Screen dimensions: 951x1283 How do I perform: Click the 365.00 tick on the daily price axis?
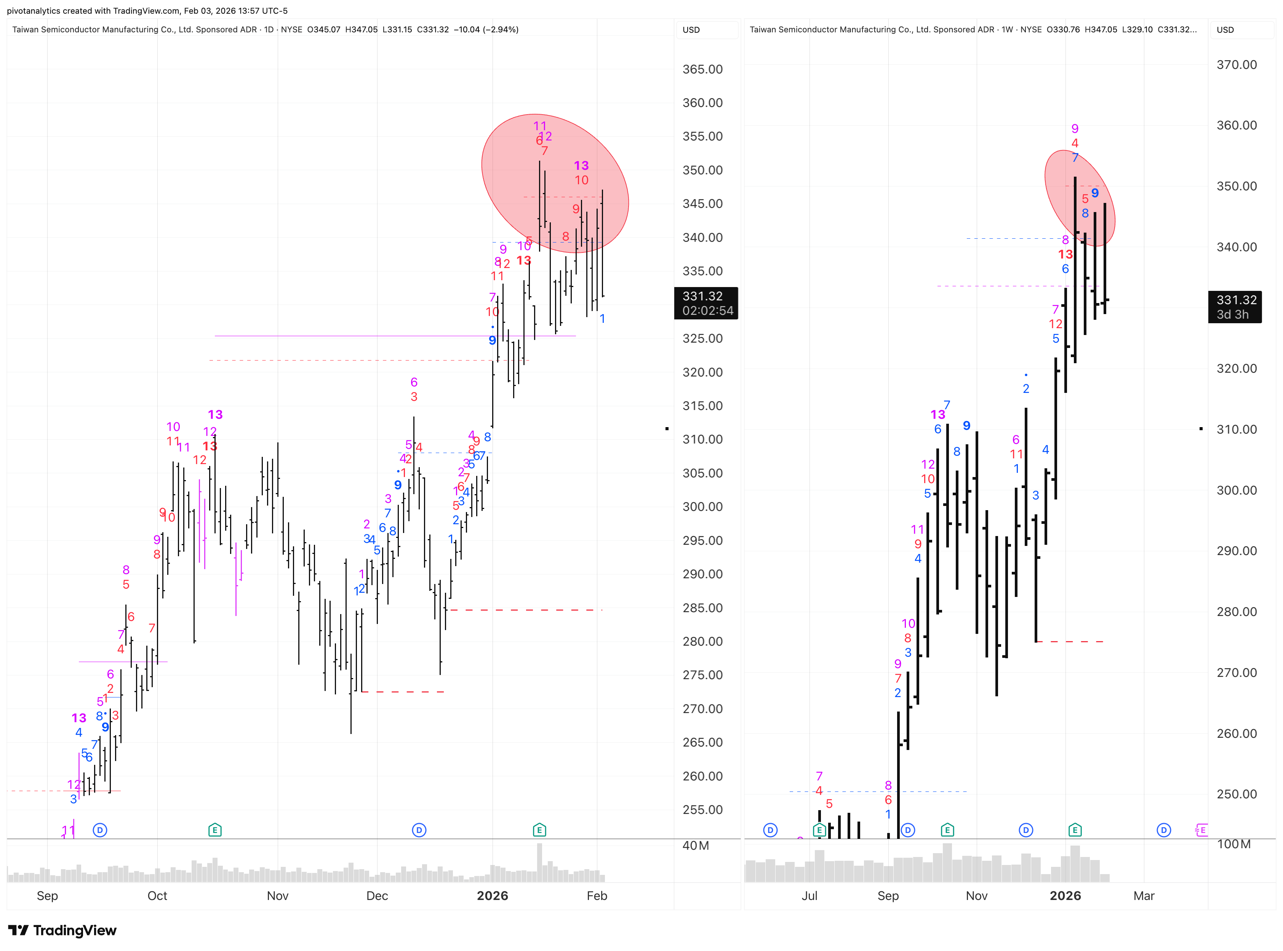[702, 69]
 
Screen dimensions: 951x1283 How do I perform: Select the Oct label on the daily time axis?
[157, 896]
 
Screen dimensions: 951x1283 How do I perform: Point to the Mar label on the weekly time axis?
[1144, 896]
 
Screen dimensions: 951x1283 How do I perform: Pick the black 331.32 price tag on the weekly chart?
[1235, 307]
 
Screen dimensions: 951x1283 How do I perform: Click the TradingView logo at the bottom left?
[62, 930]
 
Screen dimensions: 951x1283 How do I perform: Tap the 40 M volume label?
[696, 846]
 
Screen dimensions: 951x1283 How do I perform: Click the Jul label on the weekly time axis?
[809, 896]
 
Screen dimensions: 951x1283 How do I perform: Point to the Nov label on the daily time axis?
[278, 896]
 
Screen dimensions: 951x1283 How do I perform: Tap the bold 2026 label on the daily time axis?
[492, 896]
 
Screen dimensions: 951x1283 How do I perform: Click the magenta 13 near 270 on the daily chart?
[79, 718]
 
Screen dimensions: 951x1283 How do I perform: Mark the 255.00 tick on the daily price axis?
[702, 809]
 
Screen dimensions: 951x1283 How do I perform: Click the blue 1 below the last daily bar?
[602, 318]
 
